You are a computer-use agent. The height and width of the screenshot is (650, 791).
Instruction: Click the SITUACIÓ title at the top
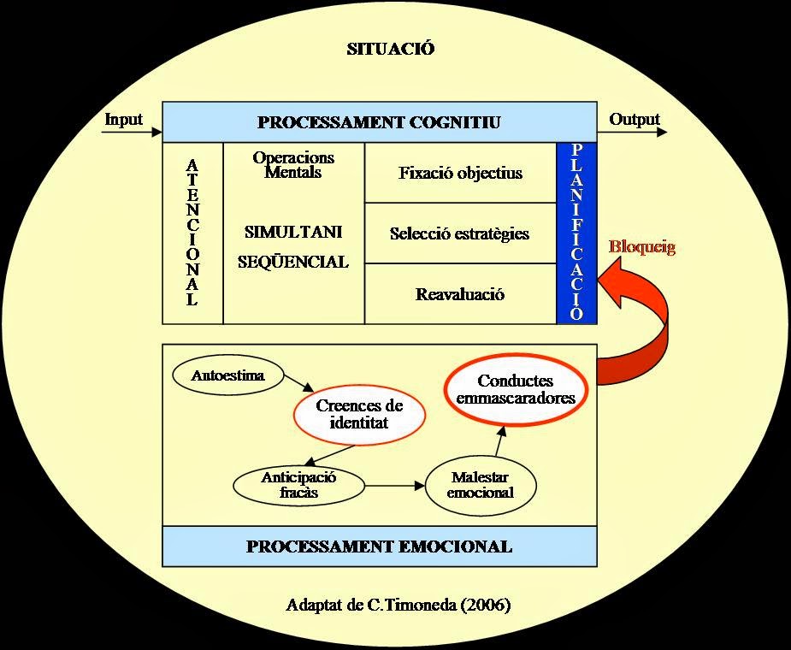(391, 49)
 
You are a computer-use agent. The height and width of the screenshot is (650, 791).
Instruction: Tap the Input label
(123, 120)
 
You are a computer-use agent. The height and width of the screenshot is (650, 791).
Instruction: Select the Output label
(635, 120)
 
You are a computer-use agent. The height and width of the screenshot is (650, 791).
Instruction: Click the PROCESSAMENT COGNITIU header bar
(379, 122)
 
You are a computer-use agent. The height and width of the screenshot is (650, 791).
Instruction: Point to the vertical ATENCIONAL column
(192, 233)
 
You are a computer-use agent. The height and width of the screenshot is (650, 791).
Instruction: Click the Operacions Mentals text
(293, 165)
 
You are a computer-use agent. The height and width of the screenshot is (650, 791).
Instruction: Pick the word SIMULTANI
(293, 232)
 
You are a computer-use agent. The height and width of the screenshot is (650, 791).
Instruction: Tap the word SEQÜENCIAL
(293, 263)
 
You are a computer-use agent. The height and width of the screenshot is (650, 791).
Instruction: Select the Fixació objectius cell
(460, 173)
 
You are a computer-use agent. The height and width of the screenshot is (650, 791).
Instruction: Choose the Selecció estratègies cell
(460, 233)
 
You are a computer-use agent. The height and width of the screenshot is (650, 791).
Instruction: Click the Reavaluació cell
(460, 295)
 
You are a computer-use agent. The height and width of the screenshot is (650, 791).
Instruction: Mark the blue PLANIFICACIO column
(577, 233)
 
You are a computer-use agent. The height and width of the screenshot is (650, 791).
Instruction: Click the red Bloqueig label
(642, 248)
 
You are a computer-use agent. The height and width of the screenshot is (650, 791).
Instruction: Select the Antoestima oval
(228, 375)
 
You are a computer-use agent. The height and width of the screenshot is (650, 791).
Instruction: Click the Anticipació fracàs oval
(298, 485)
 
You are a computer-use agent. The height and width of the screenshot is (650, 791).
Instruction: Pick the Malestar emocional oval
(481, 486)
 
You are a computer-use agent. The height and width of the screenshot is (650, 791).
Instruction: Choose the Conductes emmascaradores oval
(516, 390)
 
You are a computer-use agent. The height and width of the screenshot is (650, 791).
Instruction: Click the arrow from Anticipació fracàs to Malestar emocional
(395, 486)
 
